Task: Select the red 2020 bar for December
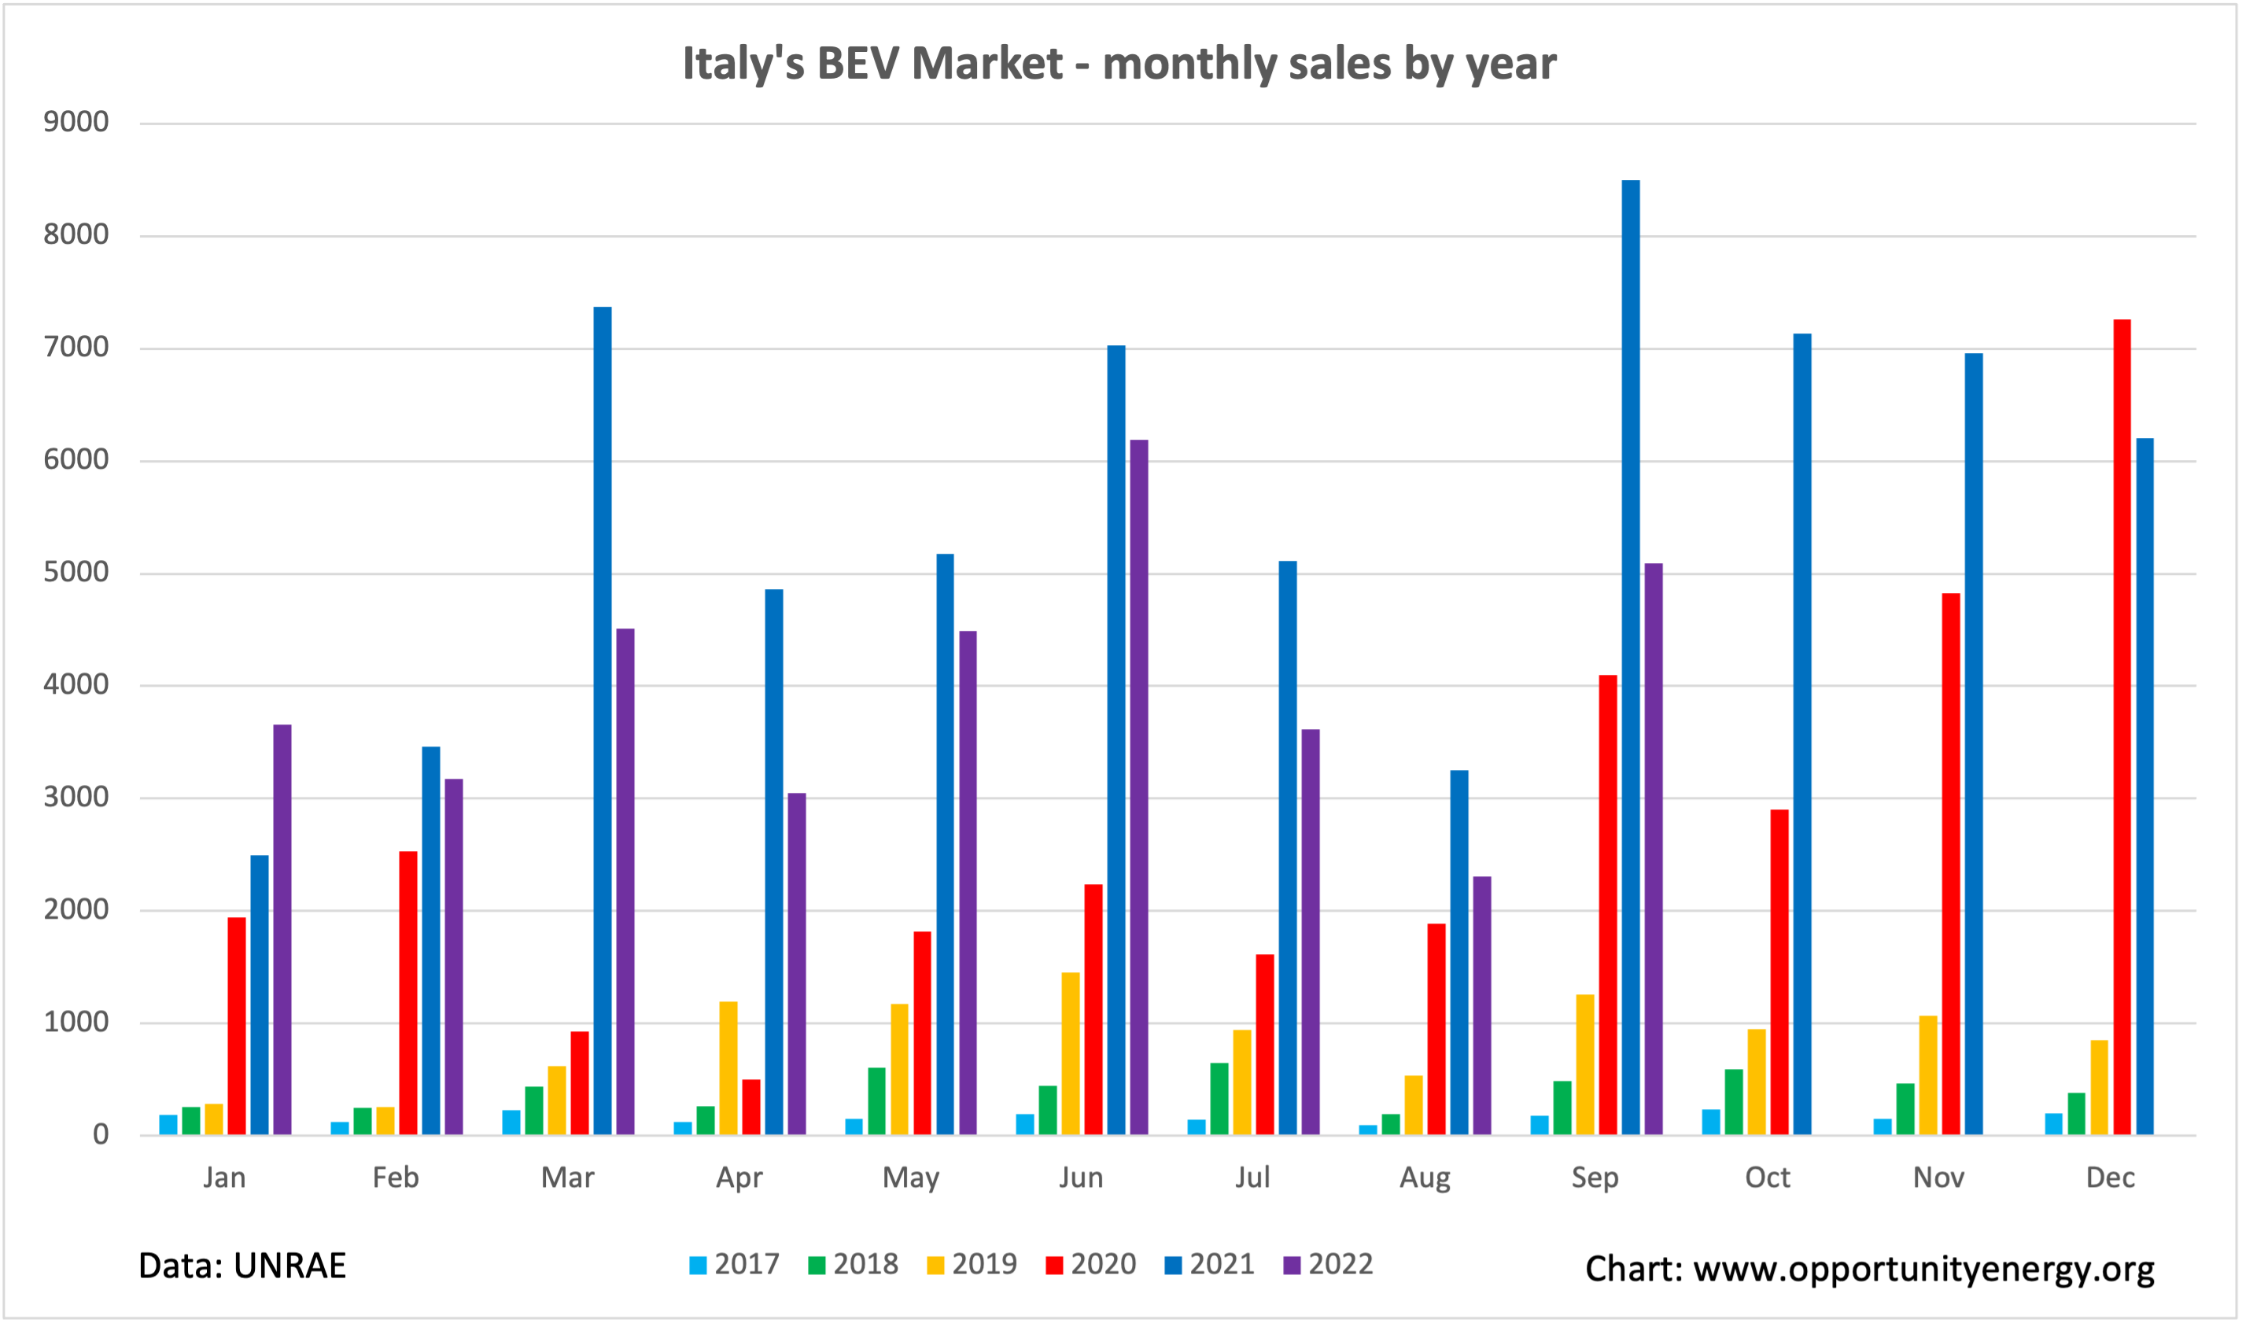click(2122, 727)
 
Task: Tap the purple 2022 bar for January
click(282, 929)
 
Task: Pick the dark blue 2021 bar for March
click(603, 720)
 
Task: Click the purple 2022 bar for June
click(1138, 787)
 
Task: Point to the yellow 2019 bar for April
click(728, 1068)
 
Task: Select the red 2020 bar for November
click(1950, 863)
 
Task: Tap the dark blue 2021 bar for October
click(1801, 734)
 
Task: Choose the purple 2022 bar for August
click(1481, 1006)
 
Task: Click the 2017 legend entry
click(735, 1264)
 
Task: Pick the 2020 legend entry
click(1091, 1264)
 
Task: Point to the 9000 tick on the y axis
click(76, 122)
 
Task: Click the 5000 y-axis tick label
click(76, 573)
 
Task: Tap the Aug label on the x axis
click(1425, 1177)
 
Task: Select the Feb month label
click(396, 1177)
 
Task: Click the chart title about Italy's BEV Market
click(1119, 64)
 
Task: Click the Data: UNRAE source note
click(242, 1266)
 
